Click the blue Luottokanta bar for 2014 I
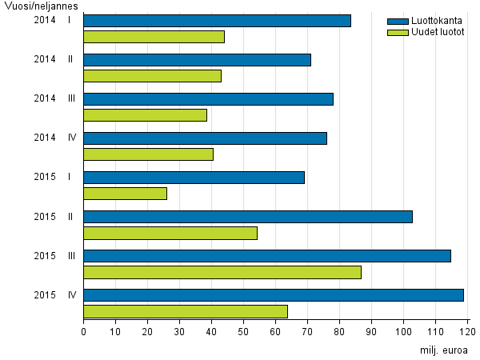pos(217,21)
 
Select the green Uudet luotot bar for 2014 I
pos(154,36)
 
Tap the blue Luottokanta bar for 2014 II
pos(197,60)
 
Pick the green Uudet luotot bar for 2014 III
pos(145,114)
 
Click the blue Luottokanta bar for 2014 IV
pos(205,138)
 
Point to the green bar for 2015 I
pos(125,193)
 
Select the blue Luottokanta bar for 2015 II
pos(248,217)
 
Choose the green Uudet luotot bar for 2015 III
pos(222,272)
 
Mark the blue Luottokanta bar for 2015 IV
pos(274,295)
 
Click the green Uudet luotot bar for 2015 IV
pos(186,311)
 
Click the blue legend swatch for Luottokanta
pos(397,21)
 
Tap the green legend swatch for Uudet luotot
pos(397,32)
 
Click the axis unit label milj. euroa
pos(443,350)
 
